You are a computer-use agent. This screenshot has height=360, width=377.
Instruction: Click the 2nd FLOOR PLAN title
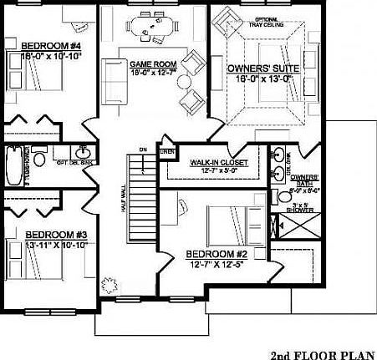321,351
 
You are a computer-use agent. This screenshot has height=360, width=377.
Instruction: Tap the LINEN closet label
167,151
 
